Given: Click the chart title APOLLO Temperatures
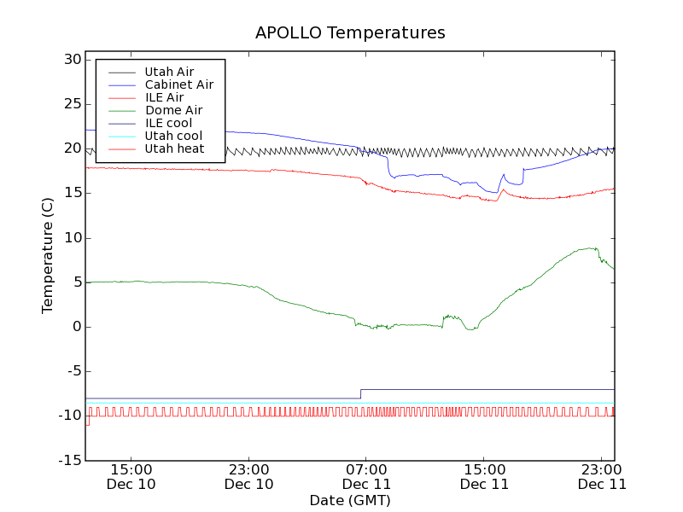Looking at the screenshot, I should tap(350, 33).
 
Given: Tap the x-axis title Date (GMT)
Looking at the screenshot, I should tap(350, 500).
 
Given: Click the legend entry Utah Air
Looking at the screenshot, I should tap(168, 72).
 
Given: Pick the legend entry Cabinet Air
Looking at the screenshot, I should tap(178, 84).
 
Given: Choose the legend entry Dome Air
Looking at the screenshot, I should tap(173, 110).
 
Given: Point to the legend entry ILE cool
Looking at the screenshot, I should tap(168, 123).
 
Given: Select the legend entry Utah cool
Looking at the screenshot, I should tap(173, 136).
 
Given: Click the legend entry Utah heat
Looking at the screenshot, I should tap(174, 148).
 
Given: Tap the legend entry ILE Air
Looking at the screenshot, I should tap(164, 97).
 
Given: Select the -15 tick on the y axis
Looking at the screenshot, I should tap(69, 461).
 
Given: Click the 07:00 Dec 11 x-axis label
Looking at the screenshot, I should tap(366, 476).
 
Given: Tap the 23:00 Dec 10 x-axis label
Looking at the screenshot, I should tap(248, 476).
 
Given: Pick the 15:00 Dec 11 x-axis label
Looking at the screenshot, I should tap(484, 476).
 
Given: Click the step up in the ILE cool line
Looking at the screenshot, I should tap(360, 393).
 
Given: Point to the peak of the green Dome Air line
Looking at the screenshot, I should tap(591, 248).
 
